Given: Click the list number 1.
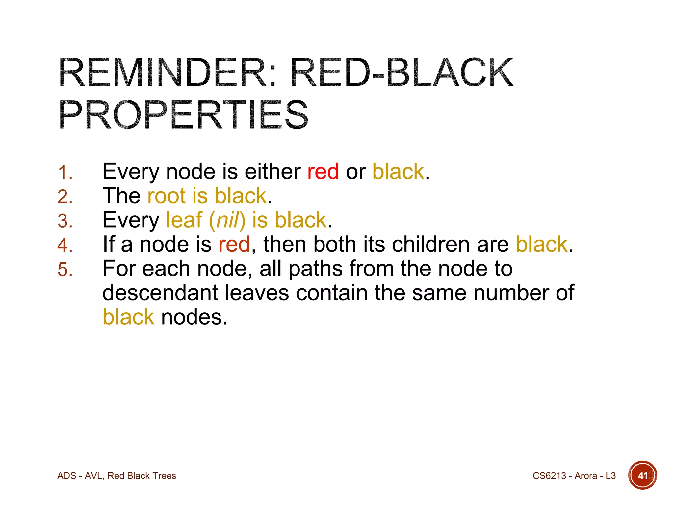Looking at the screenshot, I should coord(65,172).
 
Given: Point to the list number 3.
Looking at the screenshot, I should coord(65,221).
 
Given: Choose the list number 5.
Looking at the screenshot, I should coord(65,269).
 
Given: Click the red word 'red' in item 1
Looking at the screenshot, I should coord(323,172).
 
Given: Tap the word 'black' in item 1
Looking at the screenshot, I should coord(398,172).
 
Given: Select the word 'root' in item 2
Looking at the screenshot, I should coord(167,196).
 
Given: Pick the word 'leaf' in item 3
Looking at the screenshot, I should coord(184,220).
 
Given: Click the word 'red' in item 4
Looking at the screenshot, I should coord(234,244).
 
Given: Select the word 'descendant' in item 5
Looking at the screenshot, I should coord(160,293).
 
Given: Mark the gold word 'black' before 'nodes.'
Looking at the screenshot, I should coord(128,317).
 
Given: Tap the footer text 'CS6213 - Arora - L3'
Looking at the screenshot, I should coord(574,476).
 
